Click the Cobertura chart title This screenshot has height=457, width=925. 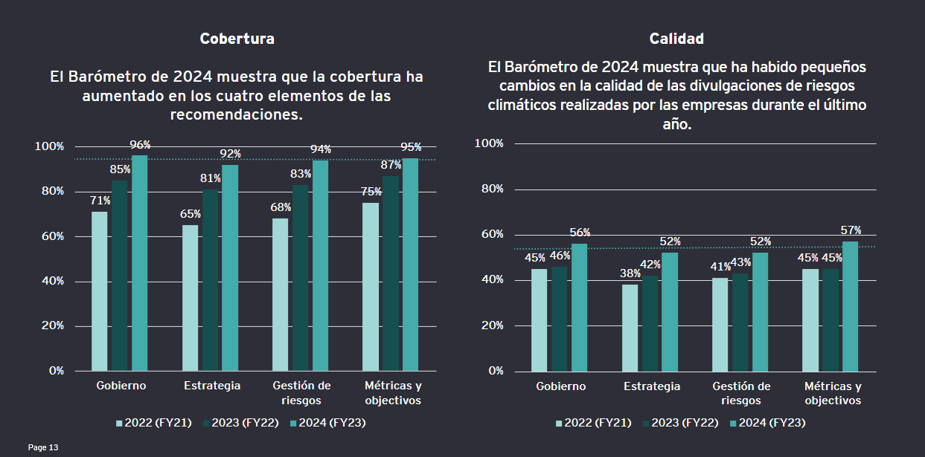237,39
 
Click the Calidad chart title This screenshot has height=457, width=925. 676,39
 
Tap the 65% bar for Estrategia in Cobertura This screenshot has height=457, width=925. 190,297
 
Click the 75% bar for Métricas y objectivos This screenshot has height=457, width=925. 371,286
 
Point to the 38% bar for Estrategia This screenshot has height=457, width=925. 630,328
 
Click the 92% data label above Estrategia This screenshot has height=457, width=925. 231,154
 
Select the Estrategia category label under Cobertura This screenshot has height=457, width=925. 212,386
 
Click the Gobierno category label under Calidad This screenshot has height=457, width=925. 560,386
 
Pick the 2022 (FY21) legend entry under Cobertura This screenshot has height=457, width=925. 154,423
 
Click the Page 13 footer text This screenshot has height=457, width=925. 43,447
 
